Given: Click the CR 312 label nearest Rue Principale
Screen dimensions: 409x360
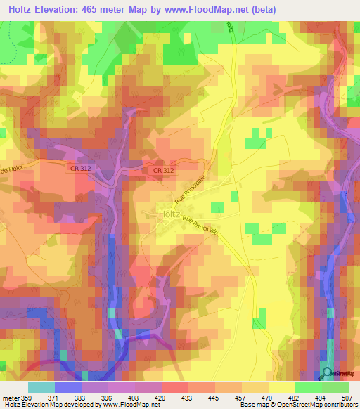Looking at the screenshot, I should pos(163,170).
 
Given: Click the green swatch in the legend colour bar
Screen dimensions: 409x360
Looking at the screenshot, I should pos(335,387).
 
